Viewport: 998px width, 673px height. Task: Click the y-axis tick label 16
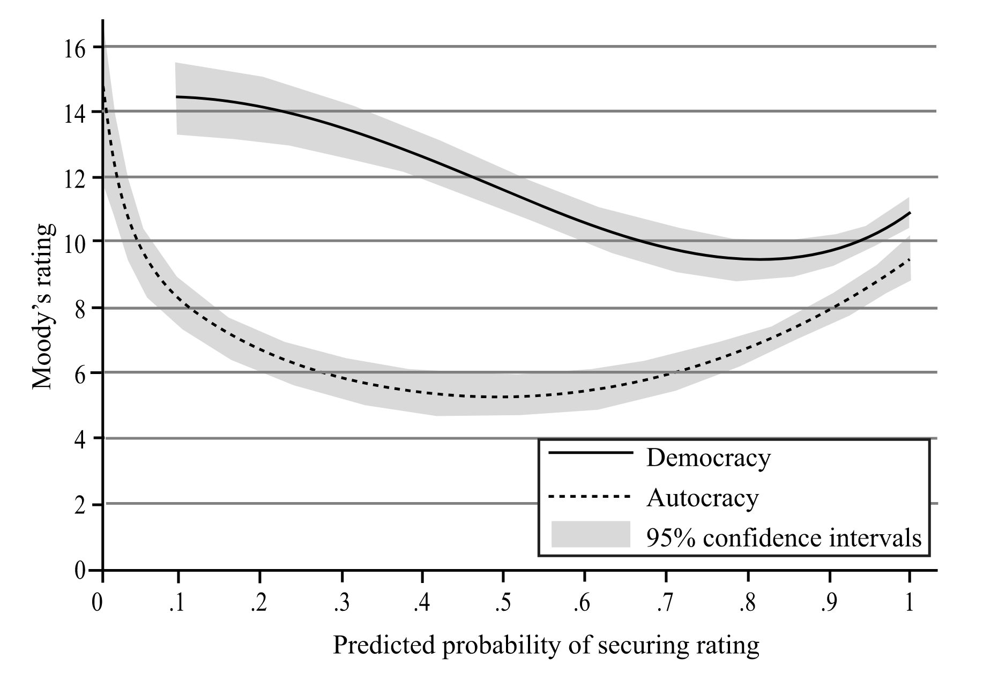point(74,49)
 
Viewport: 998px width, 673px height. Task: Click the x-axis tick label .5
point(502,604)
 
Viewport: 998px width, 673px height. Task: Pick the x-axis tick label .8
point(747,604)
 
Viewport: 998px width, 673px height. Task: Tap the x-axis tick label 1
point(909,604)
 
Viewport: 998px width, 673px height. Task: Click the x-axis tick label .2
point(258,604)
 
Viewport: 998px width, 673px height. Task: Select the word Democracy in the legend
point(708,458)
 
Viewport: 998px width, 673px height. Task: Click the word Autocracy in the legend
point(702,498)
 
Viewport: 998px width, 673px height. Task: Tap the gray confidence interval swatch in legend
point(591,534)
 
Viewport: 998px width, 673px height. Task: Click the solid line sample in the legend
point(591,453)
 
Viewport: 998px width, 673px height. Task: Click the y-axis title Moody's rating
point(43,306)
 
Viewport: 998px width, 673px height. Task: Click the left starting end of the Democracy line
point(176,97)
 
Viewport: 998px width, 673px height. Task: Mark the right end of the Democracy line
point(910,213)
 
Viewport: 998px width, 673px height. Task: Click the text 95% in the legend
point(671,537)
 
